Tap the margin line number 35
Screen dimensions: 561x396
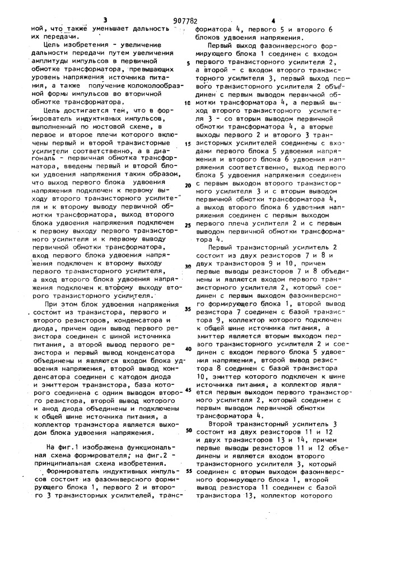[x=188, y=309]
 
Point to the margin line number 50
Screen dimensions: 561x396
[x=188, y=430]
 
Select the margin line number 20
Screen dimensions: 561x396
[x=188, y=185]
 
